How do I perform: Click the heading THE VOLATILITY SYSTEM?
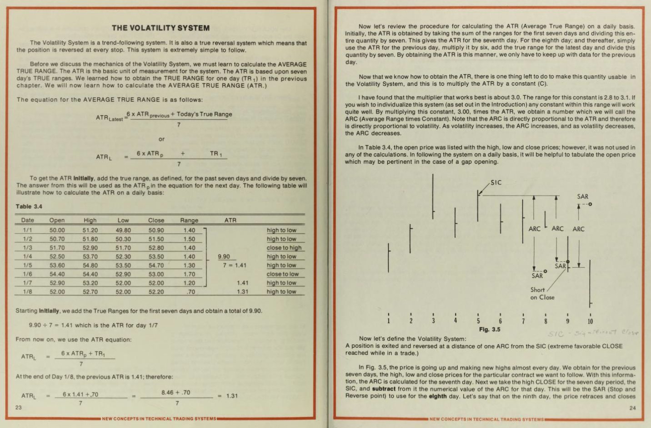pyautogui.click(x=160, y=28)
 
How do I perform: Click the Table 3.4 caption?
pyautogui.click(x=29, y=207)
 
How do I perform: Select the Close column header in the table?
pyautogui.click(x=156, y=220)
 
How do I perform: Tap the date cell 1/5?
pyautogui.click(x=27, y=266)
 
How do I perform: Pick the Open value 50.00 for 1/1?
pyautogui.click(x=57, y=230)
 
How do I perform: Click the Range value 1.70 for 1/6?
pyautogui.click(x=189, y=274)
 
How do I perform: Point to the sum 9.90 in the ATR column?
pyautogui.click(x=224, y=256)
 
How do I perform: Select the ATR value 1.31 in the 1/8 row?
pyautogui.click(x=242, y=292)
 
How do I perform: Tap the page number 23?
pyautogui.click(x=18, y=407)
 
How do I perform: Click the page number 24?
pyautogui.click(x=632, y=408)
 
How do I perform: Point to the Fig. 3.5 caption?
pyautogui.click(x=489, y=330)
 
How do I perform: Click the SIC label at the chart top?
pyautogui.click(x=496, y=182)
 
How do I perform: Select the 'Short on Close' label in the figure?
pyautogui.click(x=542, y=293)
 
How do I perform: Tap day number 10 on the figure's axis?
pyautogui.click(x=590, y=321)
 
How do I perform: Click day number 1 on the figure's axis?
pyautogui.click(x=389, y=321)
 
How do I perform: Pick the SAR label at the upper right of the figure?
pyautogui.click(x=582, y=197)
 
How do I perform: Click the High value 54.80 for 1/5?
pyautogui.click(x=90, y=266)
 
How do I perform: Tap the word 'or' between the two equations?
pyautogui.click(x=161, y=139)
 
